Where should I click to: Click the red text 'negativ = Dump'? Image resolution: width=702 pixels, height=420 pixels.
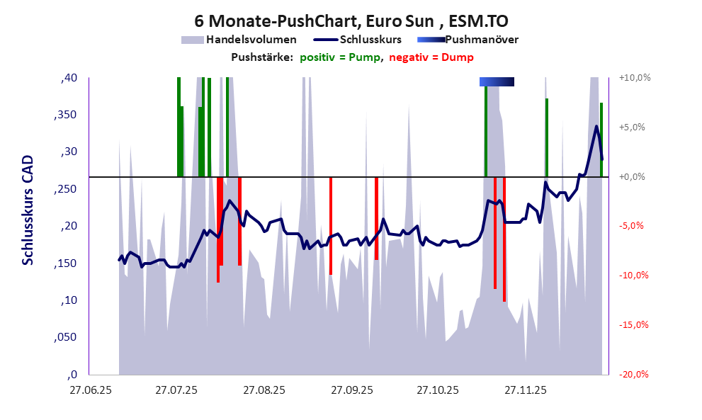click(x=431, y=57)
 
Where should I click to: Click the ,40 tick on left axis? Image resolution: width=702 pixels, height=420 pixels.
click(x=69, y=78)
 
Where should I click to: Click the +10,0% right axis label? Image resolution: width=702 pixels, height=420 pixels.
click(x=635, y=78)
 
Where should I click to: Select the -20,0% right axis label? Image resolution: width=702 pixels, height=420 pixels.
click(x=635, y=375)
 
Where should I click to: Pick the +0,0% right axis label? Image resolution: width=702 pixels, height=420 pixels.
click(x=635, y=177)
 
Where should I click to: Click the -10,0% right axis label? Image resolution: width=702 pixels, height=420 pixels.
click(x=635, y=276)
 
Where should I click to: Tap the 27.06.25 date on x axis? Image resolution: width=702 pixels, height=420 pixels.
click(x=90, y=390)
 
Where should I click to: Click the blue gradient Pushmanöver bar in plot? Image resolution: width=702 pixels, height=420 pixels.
click(x=497, y=82)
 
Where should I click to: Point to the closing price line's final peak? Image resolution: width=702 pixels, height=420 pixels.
click(x=596, y=127)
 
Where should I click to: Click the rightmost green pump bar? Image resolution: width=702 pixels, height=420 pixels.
click(x=601, y=140)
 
